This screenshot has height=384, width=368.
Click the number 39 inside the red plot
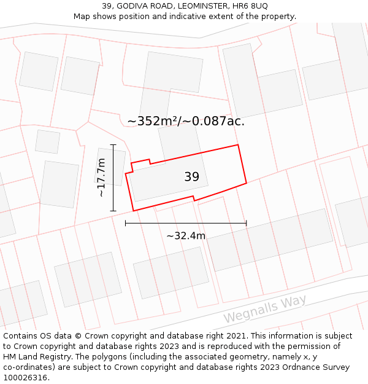(x=191, y=177)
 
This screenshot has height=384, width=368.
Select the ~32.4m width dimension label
(x=186, y=235)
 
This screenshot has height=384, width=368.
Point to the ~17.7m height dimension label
(x=101, y=178)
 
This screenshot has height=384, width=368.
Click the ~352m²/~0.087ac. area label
(x=186, y=121)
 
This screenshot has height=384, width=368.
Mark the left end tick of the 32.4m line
(x=125, y=223)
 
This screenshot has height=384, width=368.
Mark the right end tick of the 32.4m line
(x=246, y=223)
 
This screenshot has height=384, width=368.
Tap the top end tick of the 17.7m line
(x=113, y=145)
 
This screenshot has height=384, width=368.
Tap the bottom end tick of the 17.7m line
(x=113, y=211)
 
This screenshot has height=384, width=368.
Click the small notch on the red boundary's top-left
(x=132, y=166)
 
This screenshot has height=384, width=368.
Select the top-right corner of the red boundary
(x=237, y=145)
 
